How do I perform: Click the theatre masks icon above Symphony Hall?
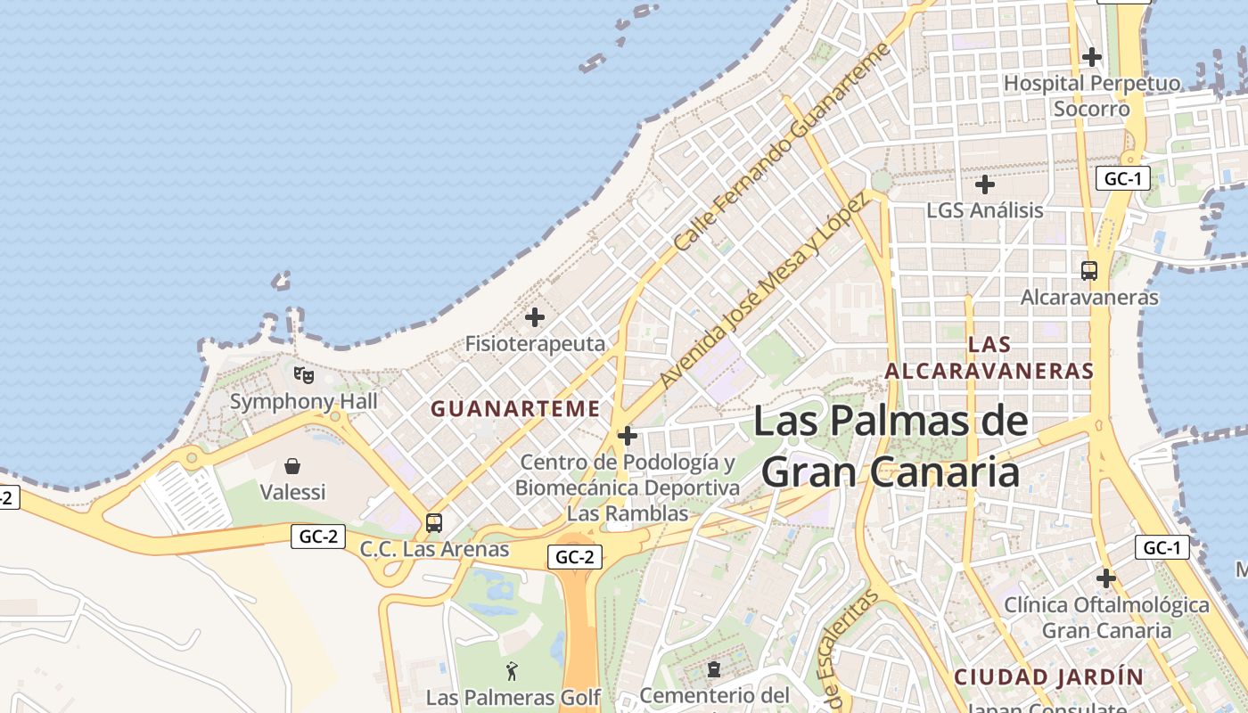pos(304,374)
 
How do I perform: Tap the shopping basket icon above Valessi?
pos(292,465)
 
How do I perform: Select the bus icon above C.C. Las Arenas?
pos(434,523)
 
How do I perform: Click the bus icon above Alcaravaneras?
pos(1088,270)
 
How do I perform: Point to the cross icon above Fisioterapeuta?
pos(535,316)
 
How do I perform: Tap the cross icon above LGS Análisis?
pos(985,184)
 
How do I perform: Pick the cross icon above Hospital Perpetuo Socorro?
pos(1092,57)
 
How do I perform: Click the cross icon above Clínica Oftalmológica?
pos(1106,578)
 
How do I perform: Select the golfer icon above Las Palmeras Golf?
pos(512,671)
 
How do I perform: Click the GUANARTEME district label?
pos(515,409)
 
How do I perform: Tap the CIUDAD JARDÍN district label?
pos(1048,676)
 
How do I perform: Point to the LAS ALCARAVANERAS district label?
pos(989,357)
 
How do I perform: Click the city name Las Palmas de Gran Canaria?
pos(891,446)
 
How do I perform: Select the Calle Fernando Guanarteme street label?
pos(783,147)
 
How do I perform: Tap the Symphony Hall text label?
pos(304,401)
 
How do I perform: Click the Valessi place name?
pos(292,492)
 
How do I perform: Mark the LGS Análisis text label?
pos(985,210)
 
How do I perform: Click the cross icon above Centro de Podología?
pos(628,436)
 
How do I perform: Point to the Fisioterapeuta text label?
pos(535,343)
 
